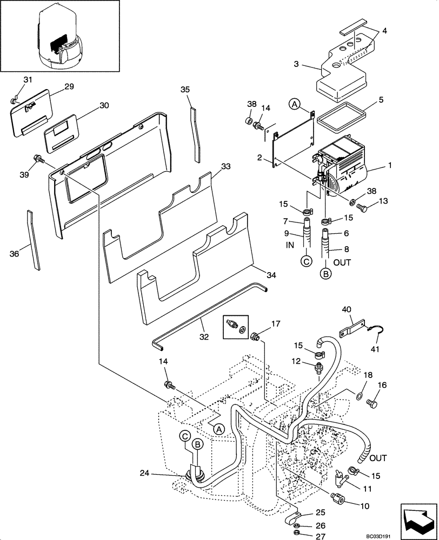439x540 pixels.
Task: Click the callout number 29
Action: pos(69,86)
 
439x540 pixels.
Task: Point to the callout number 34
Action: pos(271,275)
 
